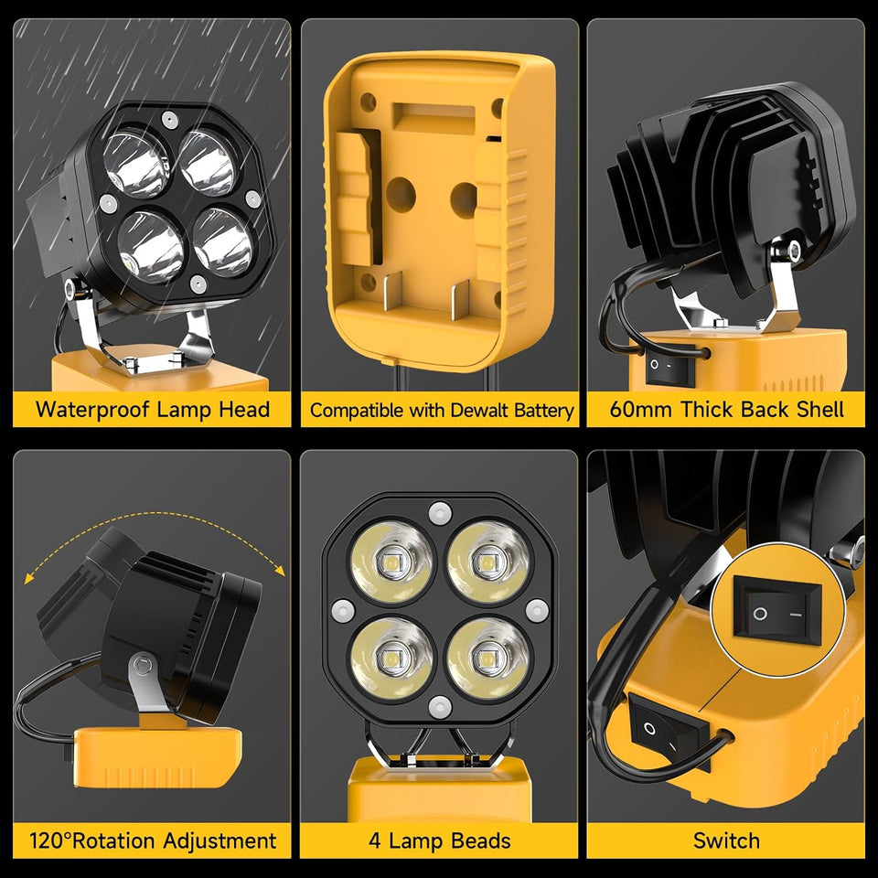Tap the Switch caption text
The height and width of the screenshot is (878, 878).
point(726,840)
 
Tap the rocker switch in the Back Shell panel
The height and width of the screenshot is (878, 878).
point(668,369)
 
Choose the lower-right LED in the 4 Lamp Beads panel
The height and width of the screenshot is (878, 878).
point(487,658)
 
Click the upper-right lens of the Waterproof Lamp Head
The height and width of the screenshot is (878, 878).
point(209,165)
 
